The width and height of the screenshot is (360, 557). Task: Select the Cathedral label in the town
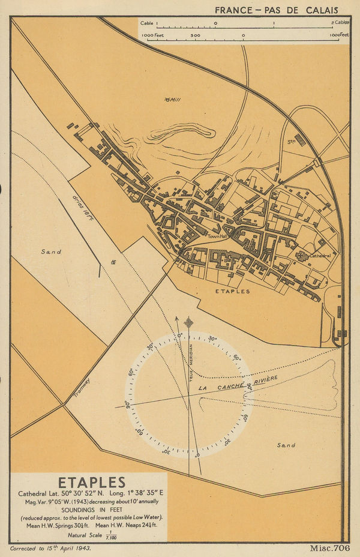pos(319,256)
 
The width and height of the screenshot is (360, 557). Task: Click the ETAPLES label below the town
pos(232,291)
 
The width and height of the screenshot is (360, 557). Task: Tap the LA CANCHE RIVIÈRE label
pos(238,384)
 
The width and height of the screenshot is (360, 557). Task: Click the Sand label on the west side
pos(52,252)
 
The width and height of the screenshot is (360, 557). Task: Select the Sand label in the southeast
pos(286,445)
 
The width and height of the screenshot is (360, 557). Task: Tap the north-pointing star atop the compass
pos(188,322)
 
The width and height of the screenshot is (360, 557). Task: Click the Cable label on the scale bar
pos(146,23)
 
